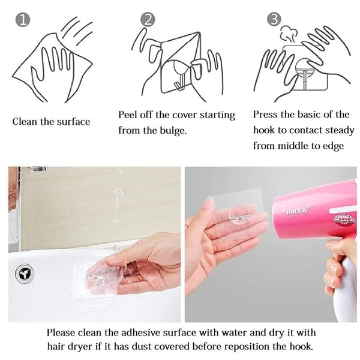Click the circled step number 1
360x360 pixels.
pos(23,20)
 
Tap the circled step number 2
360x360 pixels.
pos(148,19)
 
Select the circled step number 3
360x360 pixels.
pos(274,19)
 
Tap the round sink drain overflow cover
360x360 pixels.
pos(25,274)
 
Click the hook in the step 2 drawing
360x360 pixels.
pos(179,82)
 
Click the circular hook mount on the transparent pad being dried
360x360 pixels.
pos(239,215)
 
